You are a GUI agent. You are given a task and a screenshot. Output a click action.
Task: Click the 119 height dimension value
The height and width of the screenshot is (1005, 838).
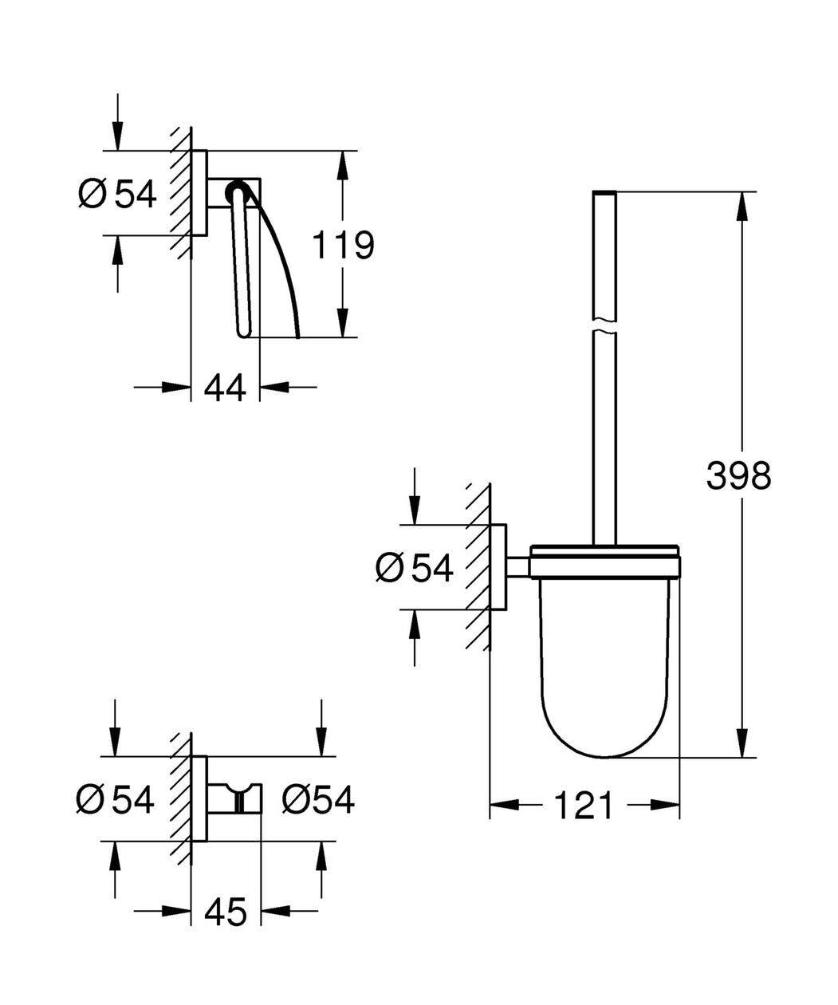(343, 245)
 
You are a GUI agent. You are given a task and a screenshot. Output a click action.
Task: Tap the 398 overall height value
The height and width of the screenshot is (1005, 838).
(738, 475)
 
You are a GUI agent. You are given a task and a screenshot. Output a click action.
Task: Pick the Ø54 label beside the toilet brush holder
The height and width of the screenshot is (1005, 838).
(414, 568)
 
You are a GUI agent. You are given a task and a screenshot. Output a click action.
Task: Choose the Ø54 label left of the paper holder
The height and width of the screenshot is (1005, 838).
(117, 194)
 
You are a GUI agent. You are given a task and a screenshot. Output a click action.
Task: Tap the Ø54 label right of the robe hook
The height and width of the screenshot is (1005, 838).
(318, 799)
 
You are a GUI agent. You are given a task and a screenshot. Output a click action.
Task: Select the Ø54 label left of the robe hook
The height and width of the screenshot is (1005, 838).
(115, 799)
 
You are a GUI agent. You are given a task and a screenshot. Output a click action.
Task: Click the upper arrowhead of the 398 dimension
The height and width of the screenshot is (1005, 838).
(742, 206)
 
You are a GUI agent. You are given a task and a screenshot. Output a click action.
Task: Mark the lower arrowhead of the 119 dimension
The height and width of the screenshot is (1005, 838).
(342, 322)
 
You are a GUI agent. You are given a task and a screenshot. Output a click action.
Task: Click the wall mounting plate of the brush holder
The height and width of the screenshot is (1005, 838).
(498, 567)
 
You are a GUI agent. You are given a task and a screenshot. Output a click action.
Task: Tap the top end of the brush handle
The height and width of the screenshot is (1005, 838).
(604, 192)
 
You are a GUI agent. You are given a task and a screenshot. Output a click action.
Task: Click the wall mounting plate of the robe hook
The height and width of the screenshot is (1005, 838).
(199, 799)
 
